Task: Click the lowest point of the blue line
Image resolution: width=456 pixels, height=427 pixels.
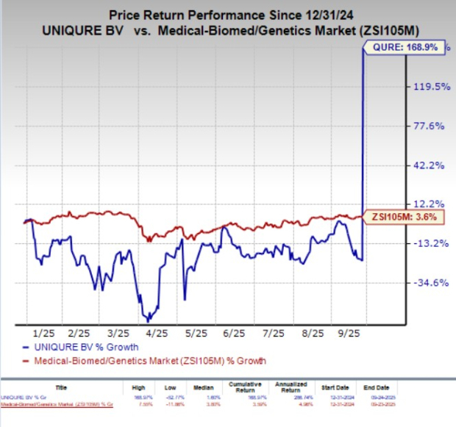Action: (x=148, y=321)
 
